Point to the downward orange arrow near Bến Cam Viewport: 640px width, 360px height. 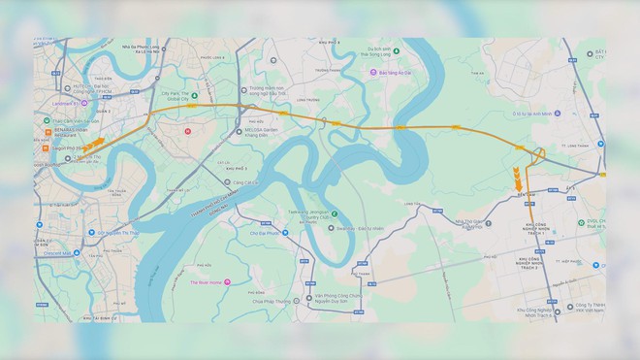click(x=519, y=179)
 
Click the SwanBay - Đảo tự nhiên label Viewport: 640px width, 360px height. click(x=346, y=229)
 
